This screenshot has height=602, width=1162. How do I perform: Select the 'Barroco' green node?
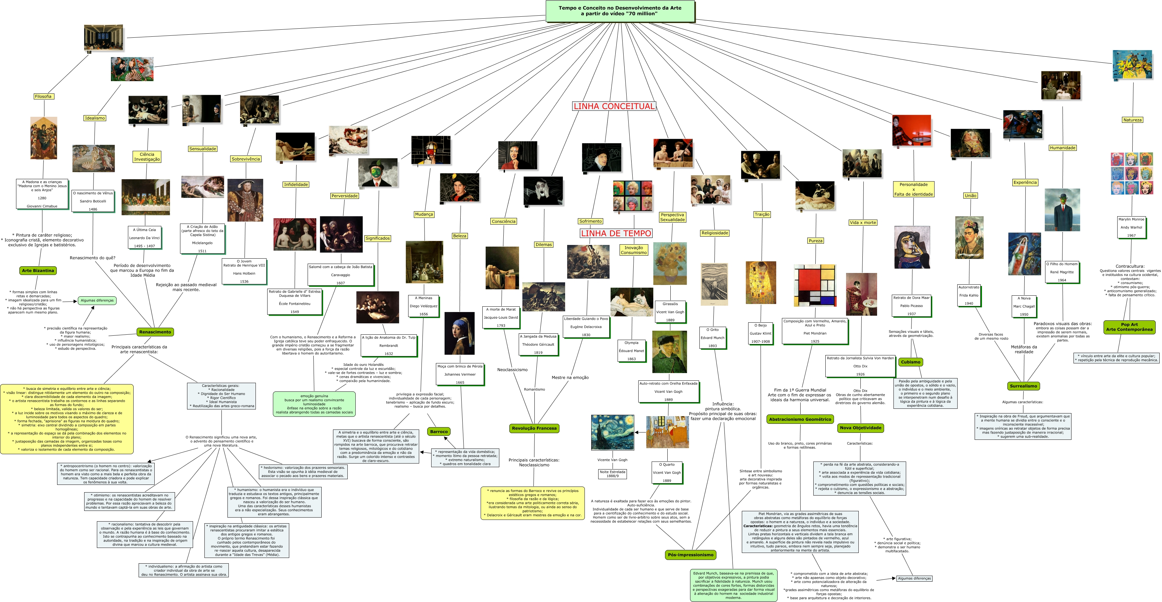pos(439,432)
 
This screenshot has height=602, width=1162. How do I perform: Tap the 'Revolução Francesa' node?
pos(534,428)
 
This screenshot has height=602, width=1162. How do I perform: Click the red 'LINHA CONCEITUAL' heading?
pos(614,106)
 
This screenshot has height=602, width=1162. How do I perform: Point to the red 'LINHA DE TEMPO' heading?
pos(616,233)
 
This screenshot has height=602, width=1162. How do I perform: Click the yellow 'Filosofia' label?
pos(43,96)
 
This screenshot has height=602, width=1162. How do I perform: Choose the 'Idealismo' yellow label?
pos(95,118)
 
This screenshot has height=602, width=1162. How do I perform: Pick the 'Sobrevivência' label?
pos(246,159)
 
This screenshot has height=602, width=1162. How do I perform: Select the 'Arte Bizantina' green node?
pos(38,270)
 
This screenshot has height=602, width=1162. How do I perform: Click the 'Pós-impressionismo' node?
pos(691,555)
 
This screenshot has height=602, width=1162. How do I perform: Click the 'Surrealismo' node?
pos(1023,386)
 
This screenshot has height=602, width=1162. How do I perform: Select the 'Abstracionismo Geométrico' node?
pos(800,419)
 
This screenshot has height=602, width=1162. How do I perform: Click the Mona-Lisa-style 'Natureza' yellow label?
pos(1132,120)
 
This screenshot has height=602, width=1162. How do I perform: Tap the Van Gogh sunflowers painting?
pos(670,264)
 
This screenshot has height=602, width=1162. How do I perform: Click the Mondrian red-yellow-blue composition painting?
pos(815,285)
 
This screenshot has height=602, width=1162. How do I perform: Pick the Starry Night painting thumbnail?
pos(612,432)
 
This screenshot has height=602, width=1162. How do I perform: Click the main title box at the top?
pos(620,11)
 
